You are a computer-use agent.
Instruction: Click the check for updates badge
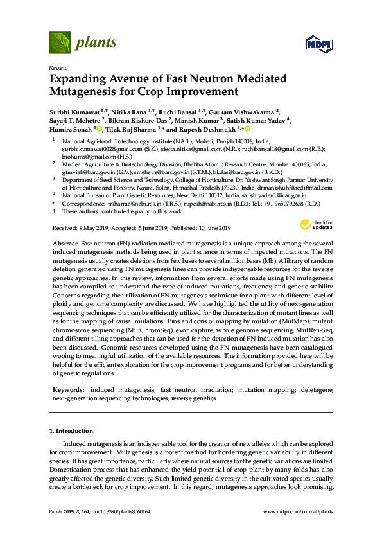click(x=311, y=224)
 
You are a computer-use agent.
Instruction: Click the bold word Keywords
click(x=68, y=390)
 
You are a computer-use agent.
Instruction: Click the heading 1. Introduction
click(x=71, y=430)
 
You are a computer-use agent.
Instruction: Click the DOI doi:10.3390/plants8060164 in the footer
click(x=126, y=512)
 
